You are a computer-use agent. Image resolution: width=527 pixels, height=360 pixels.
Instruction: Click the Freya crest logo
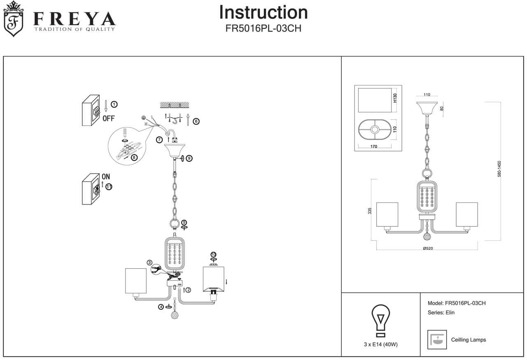pyautogui.click(x=13, y=19)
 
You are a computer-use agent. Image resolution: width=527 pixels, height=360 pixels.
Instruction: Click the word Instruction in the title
pyautogui.click(x=263, y=12)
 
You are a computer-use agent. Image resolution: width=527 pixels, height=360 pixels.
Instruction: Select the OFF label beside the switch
pyautogui.click(x=108, y=118)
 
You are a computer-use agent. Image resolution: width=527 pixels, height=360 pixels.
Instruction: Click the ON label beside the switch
pyautogui.click(x=106, y=177)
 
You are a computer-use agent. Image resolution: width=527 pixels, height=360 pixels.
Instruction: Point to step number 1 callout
pyautogui.click(x=114, y=104)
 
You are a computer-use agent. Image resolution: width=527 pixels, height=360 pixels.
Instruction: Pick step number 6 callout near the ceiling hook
pyautogui.click(x=196, y=121)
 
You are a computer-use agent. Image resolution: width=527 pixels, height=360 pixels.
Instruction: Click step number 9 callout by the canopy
pyautogui.click(x=189, y=158)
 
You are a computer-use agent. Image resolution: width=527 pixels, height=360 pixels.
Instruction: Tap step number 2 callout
pyautogui.click(x=188, y=290)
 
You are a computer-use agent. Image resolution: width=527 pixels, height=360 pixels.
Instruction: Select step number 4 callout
pyautogui.click(x=161, y=307)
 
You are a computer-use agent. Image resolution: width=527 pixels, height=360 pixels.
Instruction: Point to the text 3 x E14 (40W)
pyautogui.click(x=381, y=345)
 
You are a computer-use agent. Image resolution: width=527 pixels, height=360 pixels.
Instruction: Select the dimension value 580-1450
pyautogui.click(x=499, y=169)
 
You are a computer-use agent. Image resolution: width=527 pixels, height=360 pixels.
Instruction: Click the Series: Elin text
pyautogui.click(x=441, y=313)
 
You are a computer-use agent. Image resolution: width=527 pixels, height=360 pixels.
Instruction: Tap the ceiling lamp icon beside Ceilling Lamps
pyautogui.click(x=437, y=340)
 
